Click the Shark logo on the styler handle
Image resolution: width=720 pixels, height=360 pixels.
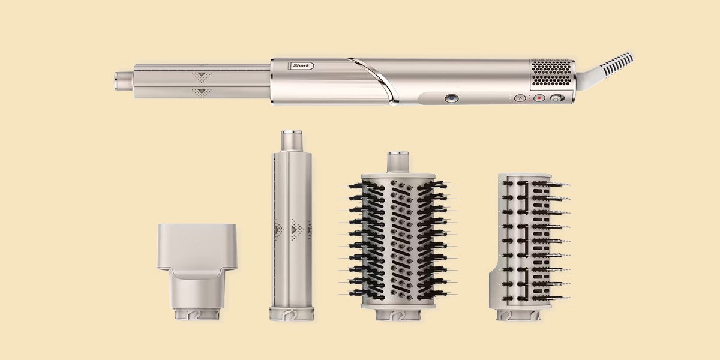pyautogui.click(x=301, y=66)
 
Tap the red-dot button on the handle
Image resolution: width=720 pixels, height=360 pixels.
pyautogui.click(x=539, y=98)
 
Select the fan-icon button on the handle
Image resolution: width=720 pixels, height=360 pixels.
pyautogui.click(x=520, y=98)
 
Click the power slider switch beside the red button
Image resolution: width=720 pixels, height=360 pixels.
pyautogui.click(x=556, y=98)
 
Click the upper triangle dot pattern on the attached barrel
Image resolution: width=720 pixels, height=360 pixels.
pyautogui.click(x=202, y=76)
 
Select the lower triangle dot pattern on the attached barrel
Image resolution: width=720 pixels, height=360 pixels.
pyautogui.click(x=202, y=93)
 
